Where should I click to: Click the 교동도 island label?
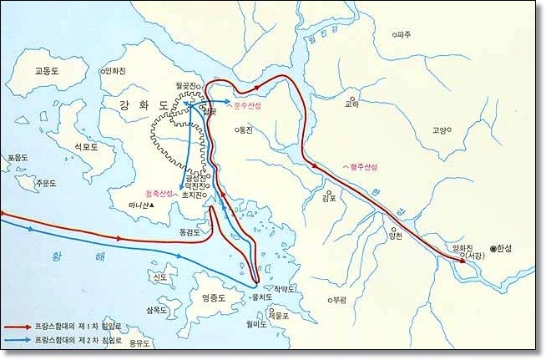pyautogui.click(x=48, y=71)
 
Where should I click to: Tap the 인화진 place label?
pyautogui.click(x=116, y=72)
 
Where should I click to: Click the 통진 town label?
pyautogui.click(x=244, y=130)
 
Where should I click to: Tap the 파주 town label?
pyautogui.click(x=405, y=35)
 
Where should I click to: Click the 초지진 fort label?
pyautogui.click(x=193, y=195)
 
